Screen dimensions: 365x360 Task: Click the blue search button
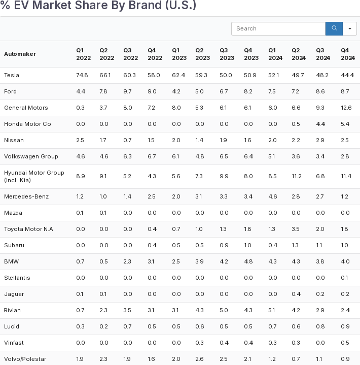pyautogui.click(x=334, y=28)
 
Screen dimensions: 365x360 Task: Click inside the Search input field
pyautogui.click(x=278, y=28)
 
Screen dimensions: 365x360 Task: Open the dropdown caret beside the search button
pyautogui.click(x=350, y=28)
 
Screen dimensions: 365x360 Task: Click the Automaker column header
pyautogui.click(x=20, y=54)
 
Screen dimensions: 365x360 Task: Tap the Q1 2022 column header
pyautogui.click(x=83, y=54)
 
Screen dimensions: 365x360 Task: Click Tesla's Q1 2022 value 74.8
pyautogui.click(x=82, y=75)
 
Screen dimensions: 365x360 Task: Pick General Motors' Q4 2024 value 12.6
pyautogui.click(x=346, y=108)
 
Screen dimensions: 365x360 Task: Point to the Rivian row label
pyautogui.click(x=12, y=310)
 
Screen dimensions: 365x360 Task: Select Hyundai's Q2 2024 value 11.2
pyautogui.click(x=297, y=176)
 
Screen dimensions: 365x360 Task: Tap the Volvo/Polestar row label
pyautogui.click(x=25, y=359)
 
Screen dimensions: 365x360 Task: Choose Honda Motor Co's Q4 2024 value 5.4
pyautogui.click(x=345, y=124)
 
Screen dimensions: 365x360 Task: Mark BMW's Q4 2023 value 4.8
pyautogui.click(x=248, y=261)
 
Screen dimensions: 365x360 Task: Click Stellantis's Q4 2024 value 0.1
pyautogui.click(x=345, y=278)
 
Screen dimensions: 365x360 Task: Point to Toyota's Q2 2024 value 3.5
pyautogui.click(x=296, y=229)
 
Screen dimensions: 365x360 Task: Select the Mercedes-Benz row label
pyautogui.click(x=26, y=196)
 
